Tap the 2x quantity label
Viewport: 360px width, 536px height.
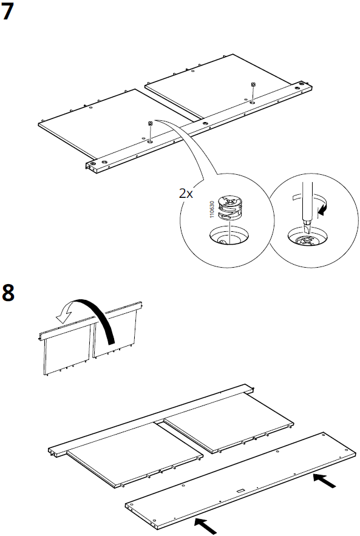tap(186, 194)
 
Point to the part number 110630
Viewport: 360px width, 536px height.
tap(212, 209)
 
